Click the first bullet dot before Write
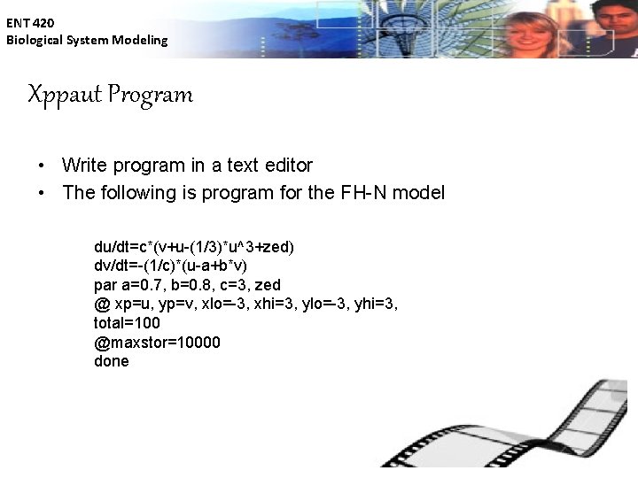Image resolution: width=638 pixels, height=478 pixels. [42, 166]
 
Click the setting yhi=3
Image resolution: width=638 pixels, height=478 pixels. [378, 305]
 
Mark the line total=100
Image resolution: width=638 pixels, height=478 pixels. [127, 323]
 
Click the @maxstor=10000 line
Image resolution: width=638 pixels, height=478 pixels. [157, 343]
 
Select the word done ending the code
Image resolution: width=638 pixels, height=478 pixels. [112, 361]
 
